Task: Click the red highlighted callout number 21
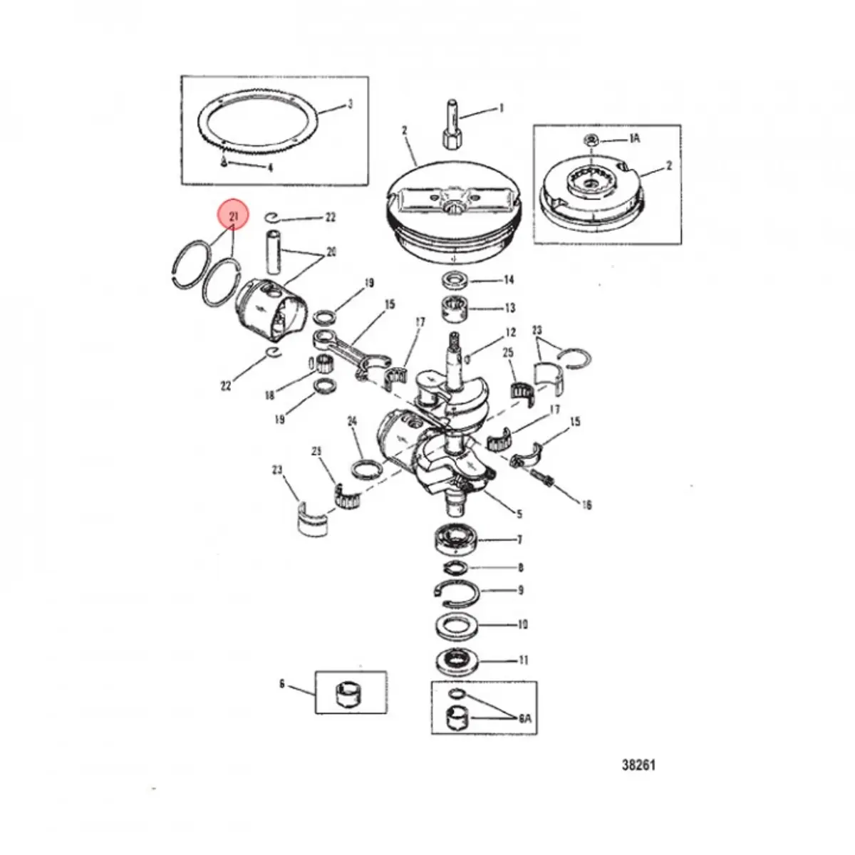tap(233, 214)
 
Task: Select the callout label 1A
tap(633, 139)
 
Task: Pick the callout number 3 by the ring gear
tap(350, 105)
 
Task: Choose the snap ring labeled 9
tap(452, 590)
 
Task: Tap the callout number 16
tap(586, 505)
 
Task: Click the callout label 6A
tap(525, 720)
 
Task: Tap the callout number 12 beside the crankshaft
tap(510, 332)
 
